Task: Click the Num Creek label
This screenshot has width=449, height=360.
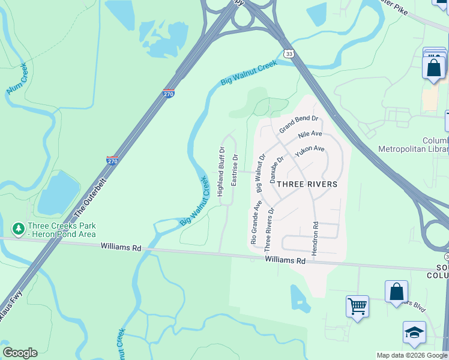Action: tap(17, 78)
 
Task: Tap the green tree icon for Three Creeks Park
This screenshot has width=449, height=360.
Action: tap(18, 229)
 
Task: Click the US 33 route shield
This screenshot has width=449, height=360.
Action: tap(289, 54)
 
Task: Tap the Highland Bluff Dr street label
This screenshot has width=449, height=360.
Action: tap(221, 172)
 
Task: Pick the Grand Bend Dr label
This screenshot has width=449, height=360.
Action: tap(298, 125)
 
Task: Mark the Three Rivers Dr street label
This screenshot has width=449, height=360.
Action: tap(268, 229)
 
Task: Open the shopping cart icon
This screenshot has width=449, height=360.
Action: tap(357, 306)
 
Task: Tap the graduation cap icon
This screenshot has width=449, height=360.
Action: tap(414, 332)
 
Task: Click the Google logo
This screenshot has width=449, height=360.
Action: tap(19, 353)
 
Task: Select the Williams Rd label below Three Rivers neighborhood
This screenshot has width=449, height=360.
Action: tap(286, 260)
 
